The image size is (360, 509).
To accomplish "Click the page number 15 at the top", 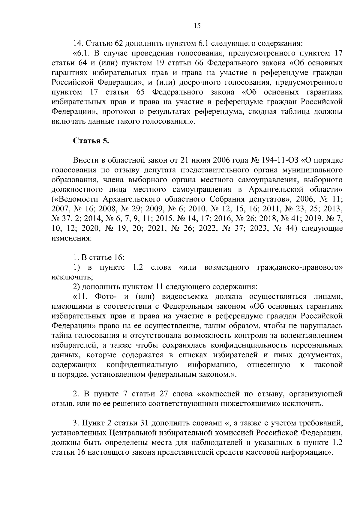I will [x=197, y=26].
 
